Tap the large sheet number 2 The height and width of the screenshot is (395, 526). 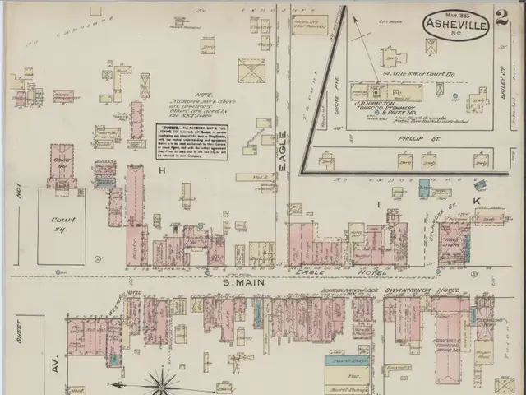pyautogui.click(x=502, y=16)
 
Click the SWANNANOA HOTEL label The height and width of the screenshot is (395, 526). pyautogui.click(x=425, y=290)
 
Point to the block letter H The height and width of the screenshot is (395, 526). pyautogui.click(x=163, y=170)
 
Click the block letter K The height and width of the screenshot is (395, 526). pyautogui.click(x=476, y=201)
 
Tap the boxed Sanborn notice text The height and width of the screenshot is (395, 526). pyautogui.click(x=191, y=142)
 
